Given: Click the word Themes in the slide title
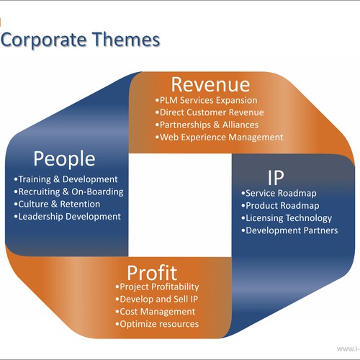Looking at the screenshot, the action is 126,40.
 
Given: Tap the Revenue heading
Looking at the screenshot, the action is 210,85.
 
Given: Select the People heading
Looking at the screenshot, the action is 64,159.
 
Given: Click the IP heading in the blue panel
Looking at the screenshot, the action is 276,177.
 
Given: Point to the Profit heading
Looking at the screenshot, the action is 152,273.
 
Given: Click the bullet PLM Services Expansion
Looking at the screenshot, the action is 207,100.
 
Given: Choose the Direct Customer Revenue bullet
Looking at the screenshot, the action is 210,112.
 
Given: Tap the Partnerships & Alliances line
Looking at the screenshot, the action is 207,125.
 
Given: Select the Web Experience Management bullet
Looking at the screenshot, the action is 220,138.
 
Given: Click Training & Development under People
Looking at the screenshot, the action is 66,179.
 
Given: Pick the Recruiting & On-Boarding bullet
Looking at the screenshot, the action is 69,192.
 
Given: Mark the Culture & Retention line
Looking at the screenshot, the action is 57,204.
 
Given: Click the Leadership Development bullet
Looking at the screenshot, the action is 68,217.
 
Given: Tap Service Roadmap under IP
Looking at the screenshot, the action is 279,193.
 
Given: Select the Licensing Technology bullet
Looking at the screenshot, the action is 287,218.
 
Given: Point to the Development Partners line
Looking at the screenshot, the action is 289,230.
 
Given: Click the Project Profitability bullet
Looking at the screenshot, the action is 157,287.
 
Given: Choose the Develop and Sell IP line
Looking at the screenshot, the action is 157,300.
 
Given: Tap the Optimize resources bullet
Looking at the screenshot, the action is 157,324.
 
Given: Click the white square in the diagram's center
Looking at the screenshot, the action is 180,205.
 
